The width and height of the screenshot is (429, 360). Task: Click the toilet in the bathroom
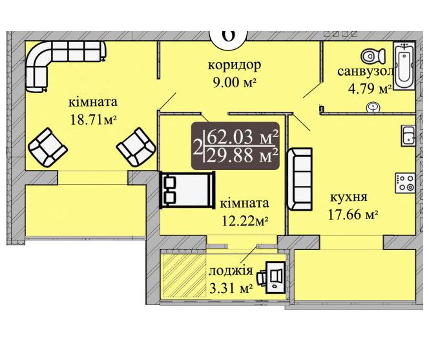373,56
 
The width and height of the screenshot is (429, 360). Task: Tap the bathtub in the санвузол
404,66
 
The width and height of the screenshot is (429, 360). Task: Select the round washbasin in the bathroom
373,107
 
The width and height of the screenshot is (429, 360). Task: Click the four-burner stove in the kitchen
406,183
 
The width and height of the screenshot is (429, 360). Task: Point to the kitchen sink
408,136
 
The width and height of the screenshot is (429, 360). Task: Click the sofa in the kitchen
300,179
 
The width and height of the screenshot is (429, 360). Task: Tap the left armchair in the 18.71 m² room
48,147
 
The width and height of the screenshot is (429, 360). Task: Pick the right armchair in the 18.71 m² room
136,147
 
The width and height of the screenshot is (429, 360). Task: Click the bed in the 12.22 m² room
187,190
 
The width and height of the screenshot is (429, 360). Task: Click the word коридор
235,65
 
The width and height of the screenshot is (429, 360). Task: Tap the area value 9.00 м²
235,82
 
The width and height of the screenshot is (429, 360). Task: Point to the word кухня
349,197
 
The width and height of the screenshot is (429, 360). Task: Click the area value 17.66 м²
353,215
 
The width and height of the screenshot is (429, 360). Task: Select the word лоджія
231,271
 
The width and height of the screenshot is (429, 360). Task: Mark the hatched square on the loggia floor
184,276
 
